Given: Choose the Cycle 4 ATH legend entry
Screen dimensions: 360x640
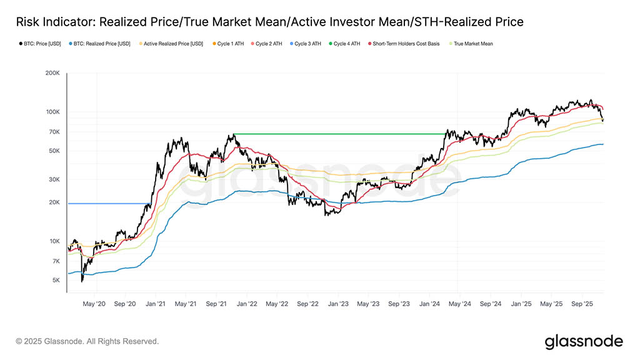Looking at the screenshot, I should (349, 44).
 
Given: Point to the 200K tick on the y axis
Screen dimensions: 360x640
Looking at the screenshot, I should (51, 73).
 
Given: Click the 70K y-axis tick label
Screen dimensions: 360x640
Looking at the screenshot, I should (53, 132).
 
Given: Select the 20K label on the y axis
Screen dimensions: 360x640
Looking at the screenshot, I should (53, 202).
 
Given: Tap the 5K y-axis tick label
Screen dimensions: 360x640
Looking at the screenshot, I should (55, 280).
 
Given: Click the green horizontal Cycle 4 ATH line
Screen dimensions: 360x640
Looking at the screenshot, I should (337, 134).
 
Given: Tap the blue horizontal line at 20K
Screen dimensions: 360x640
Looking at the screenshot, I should (106, 203).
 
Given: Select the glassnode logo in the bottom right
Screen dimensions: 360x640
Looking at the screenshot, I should (583, 341).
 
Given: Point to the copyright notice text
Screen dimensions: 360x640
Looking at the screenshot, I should (87, 341).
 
